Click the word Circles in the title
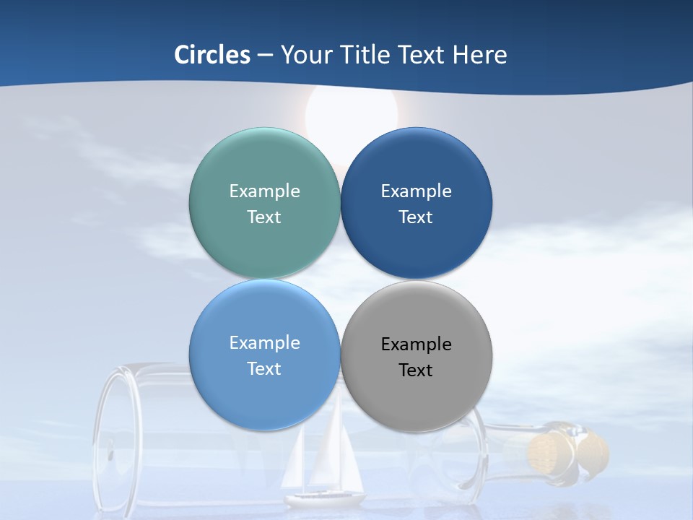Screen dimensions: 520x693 (x=212, y=55)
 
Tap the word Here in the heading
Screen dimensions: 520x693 (x=479, y=55)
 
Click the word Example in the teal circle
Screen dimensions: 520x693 (x=264, y=191)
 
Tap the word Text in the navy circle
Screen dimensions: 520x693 (x=416, y=217)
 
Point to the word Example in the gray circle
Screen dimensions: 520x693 (x=417, y=344)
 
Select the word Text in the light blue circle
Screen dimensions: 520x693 (x=264, y=369)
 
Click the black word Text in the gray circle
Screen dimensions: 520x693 (x=416, y=370)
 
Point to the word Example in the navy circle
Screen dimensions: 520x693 (x=417, y=191)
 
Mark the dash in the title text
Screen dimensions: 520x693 (x=265, y=56)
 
